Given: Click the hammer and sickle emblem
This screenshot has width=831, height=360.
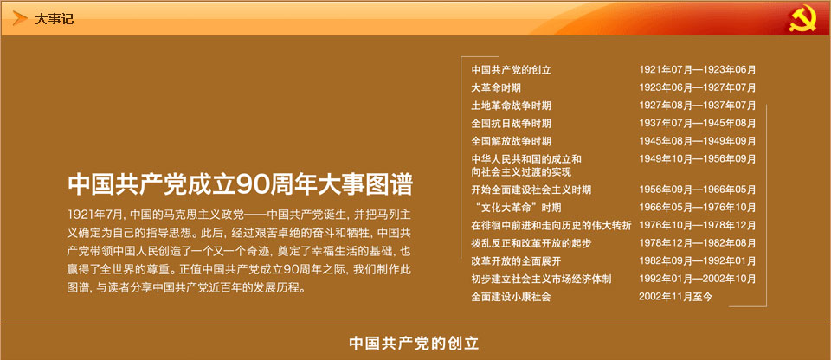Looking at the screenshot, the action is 802,20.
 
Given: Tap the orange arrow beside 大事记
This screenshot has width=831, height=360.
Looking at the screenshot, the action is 20,18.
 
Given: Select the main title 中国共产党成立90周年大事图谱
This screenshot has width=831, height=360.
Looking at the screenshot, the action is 240,184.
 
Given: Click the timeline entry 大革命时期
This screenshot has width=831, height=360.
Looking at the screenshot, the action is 493,88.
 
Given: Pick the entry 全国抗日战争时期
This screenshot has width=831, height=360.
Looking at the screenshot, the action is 511,124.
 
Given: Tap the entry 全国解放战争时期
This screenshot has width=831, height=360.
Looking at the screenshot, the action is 511,141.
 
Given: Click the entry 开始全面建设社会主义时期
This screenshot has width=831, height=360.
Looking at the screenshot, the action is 531,190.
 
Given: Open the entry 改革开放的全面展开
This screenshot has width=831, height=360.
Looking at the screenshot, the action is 516,260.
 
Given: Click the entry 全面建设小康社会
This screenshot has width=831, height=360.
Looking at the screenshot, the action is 511,297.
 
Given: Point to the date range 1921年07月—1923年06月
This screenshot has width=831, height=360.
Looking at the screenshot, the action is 698,70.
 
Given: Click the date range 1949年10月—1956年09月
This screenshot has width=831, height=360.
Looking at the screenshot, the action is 698,159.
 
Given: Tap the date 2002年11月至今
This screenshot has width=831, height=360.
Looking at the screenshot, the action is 676,297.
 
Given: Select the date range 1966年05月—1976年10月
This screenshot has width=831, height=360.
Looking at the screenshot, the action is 698,208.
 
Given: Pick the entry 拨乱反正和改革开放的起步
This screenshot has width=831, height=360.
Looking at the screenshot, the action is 531,243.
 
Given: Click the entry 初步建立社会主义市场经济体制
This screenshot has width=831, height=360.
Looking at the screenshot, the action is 541,279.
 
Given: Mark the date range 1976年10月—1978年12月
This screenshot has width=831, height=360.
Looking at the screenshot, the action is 698,225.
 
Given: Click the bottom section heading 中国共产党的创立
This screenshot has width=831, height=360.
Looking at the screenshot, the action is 414,344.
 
